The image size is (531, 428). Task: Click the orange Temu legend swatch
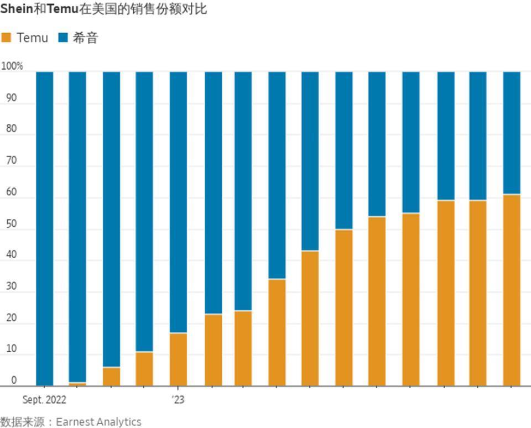tap(7, 38)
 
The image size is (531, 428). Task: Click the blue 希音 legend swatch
tap(63, 38)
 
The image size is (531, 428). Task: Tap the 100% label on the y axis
tap(12, 66)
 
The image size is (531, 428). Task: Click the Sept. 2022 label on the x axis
tap(44, 399)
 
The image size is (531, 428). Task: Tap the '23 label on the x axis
tap(178, 399)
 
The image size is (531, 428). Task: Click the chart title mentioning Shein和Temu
tap(103, 9)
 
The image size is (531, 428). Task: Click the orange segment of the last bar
tap(512, 290)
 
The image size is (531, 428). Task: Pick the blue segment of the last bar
tap(512, 133)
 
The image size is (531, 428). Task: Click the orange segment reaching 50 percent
tap(344, 307)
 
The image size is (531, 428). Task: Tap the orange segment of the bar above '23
tap(178, 359)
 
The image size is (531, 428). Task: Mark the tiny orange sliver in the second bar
tap(77, 384)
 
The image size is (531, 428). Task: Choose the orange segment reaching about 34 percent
tap(277, 332)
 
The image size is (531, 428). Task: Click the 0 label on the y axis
tap(14, 381)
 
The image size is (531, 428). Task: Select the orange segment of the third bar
tap(111, 377)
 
